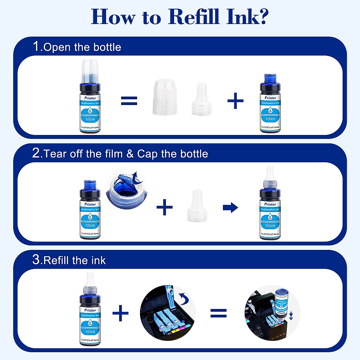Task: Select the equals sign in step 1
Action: click(129, 100)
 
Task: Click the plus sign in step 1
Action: click(235, 100)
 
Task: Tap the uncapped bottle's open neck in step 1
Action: click(270, 79)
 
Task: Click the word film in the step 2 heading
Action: click(114, 154)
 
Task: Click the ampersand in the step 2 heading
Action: click(130, 154)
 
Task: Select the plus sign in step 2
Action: click(164, 207)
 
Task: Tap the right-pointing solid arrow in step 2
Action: click(230, 207)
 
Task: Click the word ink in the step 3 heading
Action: click(99, 260)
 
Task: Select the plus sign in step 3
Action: click(120, 313)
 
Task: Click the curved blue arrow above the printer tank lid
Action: click(183, 298)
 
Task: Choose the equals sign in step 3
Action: click(218, 313)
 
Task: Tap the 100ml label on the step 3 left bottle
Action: click(90, 331)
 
